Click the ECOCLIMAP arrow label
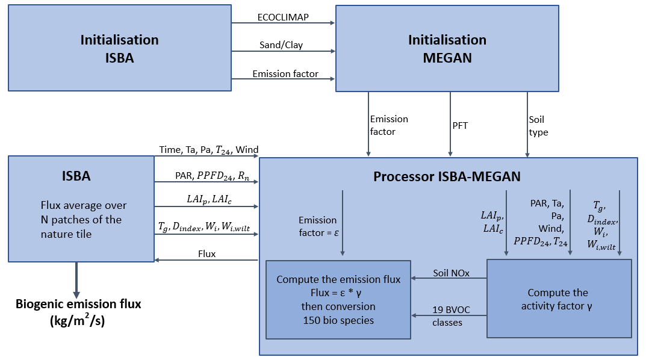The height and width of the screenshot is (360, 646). click(283, 17)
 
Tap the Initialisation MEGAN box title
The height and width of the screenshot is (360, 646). click(447, 49)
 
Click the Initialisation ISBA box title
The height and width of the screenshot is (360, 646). click(119, 49)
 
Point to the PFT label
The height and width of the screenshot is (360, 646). click(461, 125)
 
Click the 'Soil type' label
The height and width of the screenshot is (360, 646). click(538, 125)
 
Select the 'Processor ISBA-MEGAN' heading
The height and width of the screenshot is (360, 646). click(448, 177)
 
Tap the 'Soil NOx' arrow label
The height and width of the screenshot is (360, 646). click(449, 273)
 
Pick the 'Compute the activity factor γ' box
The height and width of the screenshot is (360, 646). click(558, 299)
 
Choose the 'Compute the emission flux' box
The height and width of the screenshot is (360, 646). click(338, 299)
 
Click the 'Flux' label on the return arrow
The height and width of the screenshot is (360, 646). click(207, 254)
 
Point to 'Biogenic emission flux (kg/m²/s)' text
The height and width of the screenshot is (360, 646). click(78, 311)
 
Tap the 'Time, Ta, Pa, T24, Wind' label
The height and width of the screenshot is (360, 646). click(209, 150)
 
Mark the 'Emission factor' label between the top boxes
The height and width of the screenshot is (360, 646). click(285, 74)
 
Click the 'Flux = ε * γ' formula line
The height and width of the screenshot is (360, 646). click(338, 293)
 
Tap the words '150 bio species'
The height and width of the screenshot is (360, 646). click(338, 320)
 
